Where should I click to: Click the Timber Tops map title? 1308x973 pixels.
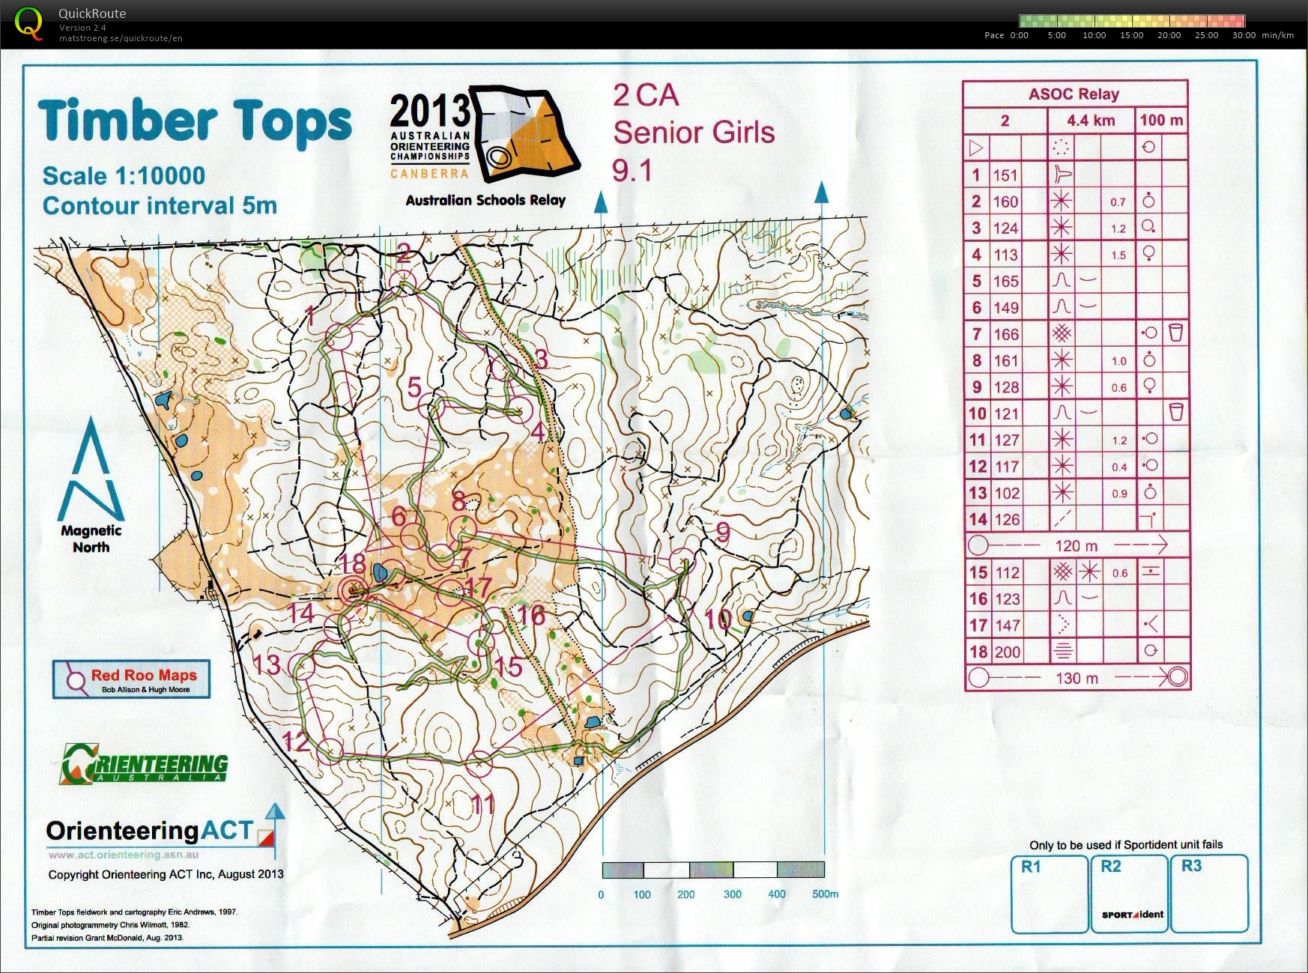195,121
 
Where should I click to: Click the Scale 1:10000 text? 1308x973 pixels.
124,176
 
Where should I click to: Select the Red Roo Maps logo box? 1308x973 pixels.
131,679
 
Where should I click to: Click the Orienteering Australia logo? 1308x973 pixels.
144,764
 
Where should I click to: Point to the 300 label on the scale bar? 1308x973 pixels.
732,894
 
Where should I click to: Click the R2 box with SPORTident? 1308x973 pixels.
1130,894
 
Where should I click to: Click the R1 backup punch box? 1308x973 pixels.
1049,894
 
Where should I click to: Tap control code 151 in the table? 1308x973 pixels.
1005,175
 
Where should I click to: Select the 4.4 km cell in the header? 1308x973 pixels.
1091,121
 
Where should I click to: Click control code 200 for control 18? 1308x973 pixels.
1007,652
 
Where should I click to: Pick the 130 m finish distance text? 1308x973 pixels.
1077,679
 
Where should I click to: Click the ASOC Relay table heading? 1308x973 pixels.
1074,94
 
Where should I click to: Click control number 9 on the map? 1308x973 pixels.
722,533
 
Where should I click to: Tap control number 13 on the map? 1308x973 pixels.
266,665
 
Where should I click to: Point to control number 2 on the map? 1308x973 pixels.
404,252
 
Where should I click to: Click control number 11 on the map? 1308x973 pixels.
483,805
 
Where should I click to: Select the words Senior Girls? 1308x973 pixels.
694,133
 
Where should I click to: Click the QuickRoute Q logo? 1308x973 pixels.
28,23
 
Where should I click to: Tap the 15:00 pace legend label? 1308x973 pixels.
1131,35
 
